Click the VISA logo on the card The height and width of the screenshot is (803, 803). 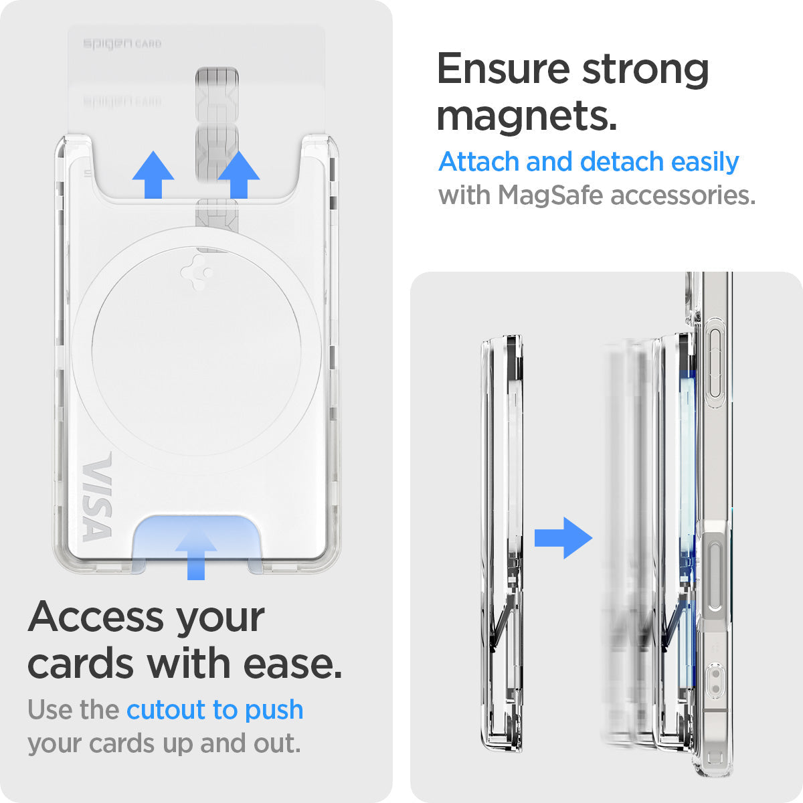pos(97,498)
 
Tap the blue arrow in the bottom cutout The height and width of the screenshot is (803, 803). pos(195,552)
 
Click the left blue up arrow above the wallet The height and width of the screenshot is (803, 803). pos(153,175)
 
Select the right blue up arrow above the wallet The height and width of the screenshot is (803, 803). pos(238,175)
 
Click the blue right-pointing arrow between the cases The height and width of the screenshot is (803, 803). pos(563,537)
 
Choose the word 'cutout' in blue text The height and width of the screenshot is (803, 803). pos(166,709)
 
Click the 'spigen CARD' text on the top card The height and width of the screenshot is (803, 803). pos(122,43)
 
